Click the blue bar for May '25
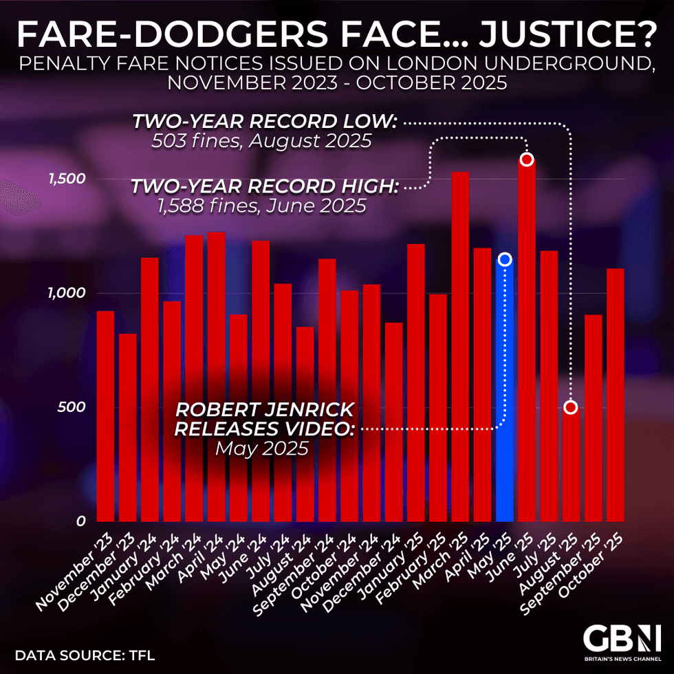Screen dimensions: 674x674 click(x=504, y=392)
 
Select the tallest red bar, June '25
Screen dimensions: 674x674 click(x=527, y=344)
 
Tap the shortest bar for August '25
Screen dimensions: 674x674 click(x=571, y=468)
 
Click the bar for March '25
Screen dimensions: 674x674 click(x=460, y=344)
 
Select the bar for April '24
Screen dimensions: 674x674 click(x=216, y=378)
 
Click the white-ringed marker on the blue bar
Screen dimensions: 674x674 click(x=505, y=259)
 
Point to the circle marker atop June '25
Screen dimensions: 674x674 click(x=527, y=160)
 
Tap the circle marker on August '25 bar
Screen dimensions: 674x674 click(x=571, y=407)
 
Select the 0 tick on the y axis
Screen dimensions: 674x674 click(x=80, y=522)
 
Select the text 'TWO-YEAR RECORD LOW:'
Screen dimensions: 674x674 click(x=264, y=122)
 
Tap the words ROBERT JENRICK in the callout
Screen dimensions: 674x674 click(x=265, y=410)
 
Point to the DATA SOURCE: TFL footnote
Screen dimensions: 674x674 click(x=85, y=655)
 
